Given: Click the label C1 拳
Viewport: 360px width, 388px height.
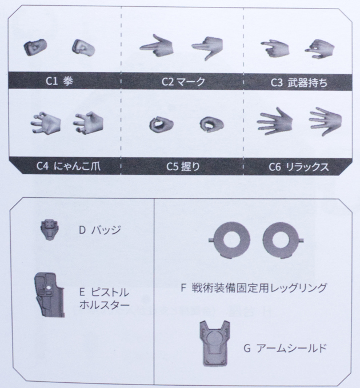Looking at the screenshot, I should click(x=59, y=81).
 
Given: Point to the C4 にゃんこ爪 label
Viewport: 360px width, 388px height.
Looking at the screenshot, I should click(x=63, y=166).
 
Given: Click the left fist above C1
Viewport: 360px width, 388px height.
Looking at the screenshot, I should click(x=34, y=47).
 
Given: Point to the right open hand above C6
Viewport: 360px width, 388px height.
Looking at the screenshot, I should click(x=325, y=120).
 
